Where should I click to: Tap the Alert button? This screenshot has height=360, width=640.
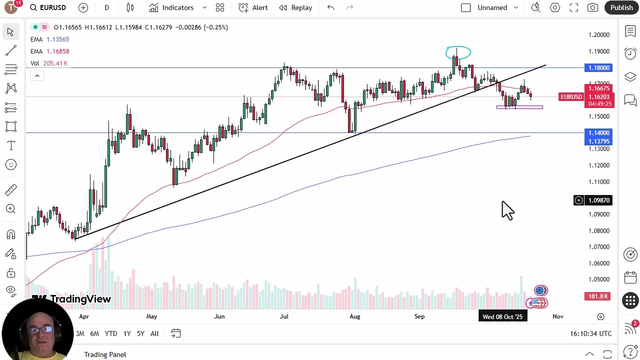[253, 7]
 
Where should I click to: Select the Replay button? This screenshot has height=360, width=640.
[295, 7]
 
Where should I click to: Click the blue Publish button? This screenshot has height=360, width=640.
[621, 7]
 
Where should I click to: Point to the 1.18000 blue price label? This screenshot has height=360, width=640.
[598, 68]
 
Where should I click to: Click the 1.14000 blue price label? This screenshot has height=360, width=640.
[598, 133]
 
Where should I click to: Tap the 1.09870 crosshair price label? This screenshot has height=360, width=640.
[598, 200]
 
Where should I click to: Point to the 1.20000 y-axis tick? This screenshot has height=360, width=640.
[598, 35]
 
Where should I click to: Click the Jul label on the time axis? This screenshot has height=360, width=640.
[284, 316]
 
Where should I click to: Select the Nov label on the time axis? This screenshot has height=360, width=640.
[557, 316]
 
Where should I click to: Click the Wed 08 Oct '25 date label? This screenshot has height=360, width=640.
[502, 316]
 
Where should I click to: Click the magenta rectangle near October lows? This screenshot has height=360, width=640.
[519, 107]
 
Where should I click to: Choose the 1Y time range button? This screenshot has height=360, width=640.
[127, 333]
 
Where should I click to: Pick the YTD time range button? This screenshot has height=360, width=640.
[110, 333]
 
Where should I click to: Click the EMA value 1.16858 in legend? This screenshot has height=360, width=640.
[57, 51]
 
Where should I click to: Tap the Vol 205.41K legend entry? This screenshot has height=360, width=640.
[49, 63]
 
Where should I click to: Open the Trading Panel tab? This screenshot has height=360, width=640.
[105, 354]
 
